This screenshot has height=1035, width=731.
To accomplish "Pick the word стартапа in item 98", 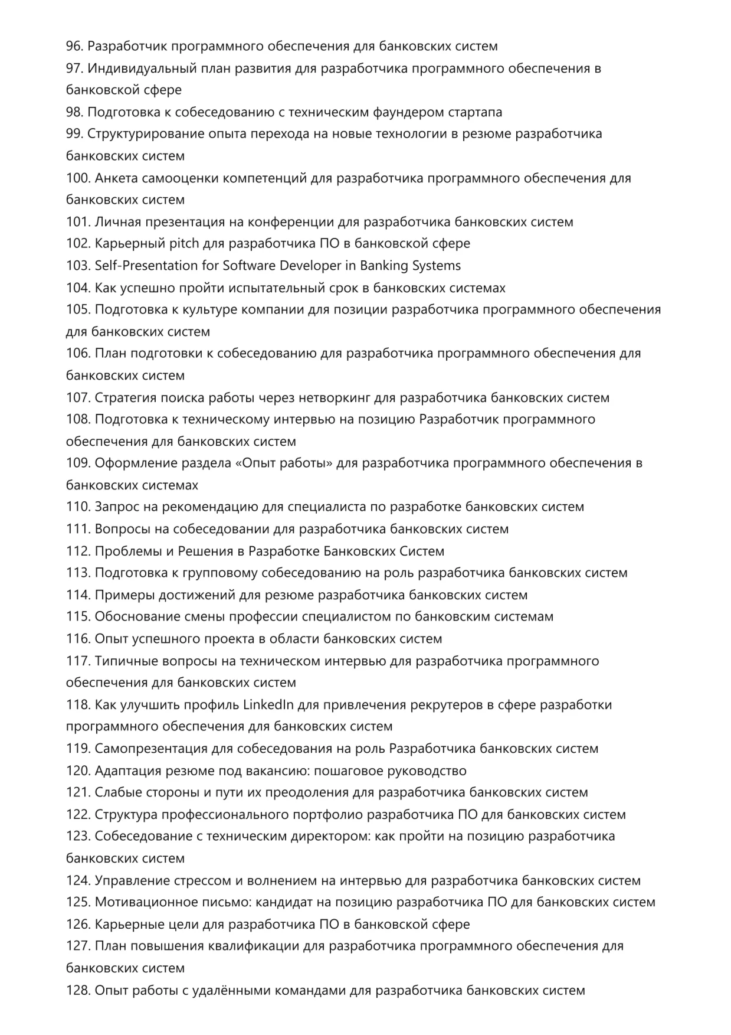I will (x=475, y=112).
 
